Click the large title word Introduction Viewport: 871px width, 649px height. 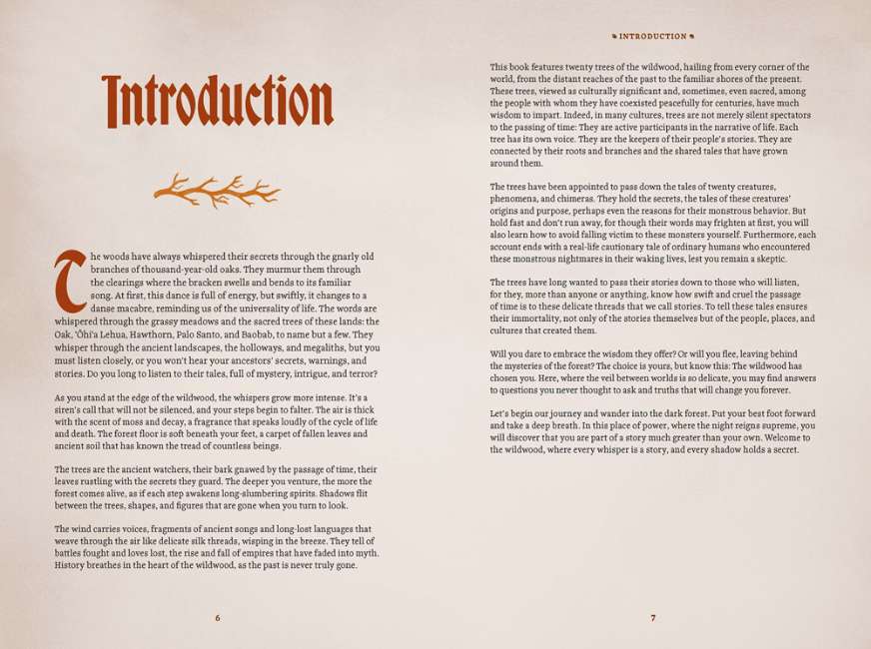click(218, 101)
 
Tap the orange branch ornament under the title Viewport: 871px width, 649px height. click(216, 189)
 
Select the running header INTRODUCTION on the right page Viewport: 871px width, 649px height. click(652, 36)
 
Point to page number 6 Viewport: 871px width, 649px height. click(217, 618)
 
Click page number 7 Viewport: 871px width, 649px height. click(653, 618)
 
